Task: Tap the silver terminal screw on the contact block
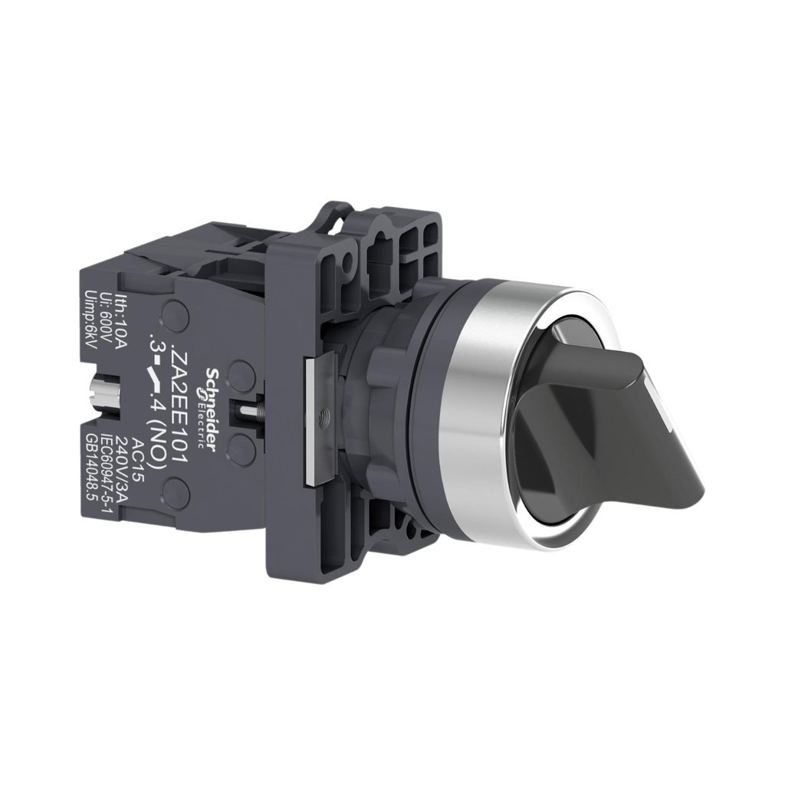[x=101, y=393]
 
